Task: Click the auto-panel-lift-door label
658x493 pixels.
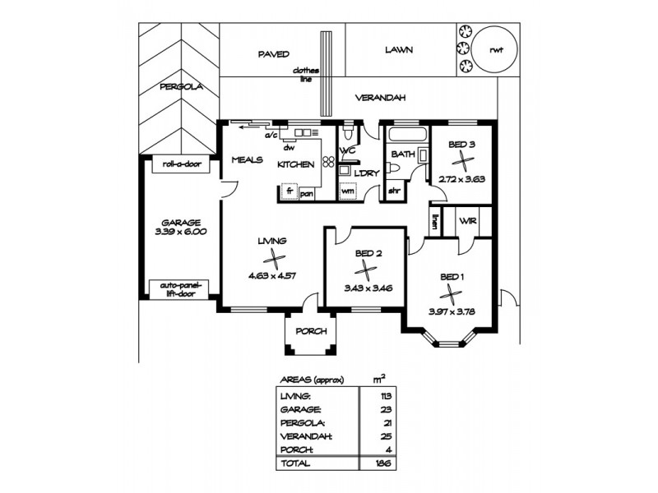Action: (x=180, y=289)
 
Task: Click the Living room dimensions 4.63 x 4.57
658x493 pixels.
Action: (x=271, y=276)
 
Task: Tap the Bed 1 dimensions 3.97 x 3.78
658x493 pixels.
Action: (x=452, y=311)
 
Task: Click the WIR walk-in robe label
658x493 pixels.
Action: (x=469, y=221)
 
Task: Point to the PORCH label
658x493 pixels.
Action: (x=310, y=331)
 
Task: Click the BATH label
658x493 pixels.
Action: (x=403, y=154)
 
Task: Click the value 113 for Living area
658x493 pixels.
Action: (x=380, y=395)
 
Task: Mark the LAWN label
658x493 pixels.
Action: (x=398, y=50)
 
